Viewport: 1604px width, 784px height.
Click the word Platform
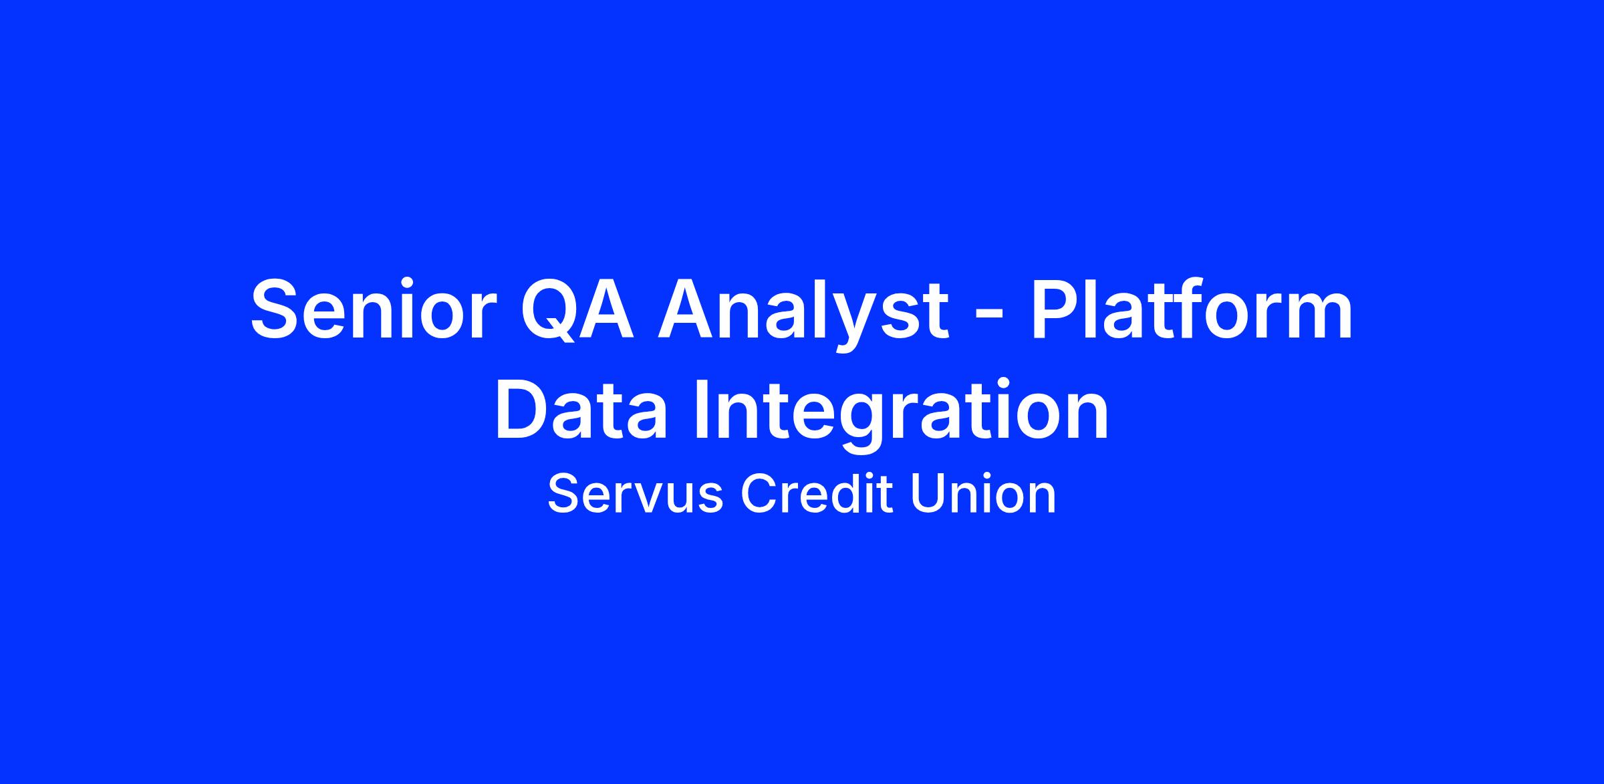point(1192,309)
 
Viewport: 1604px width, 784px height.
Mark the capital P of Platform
point(1057,308)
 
